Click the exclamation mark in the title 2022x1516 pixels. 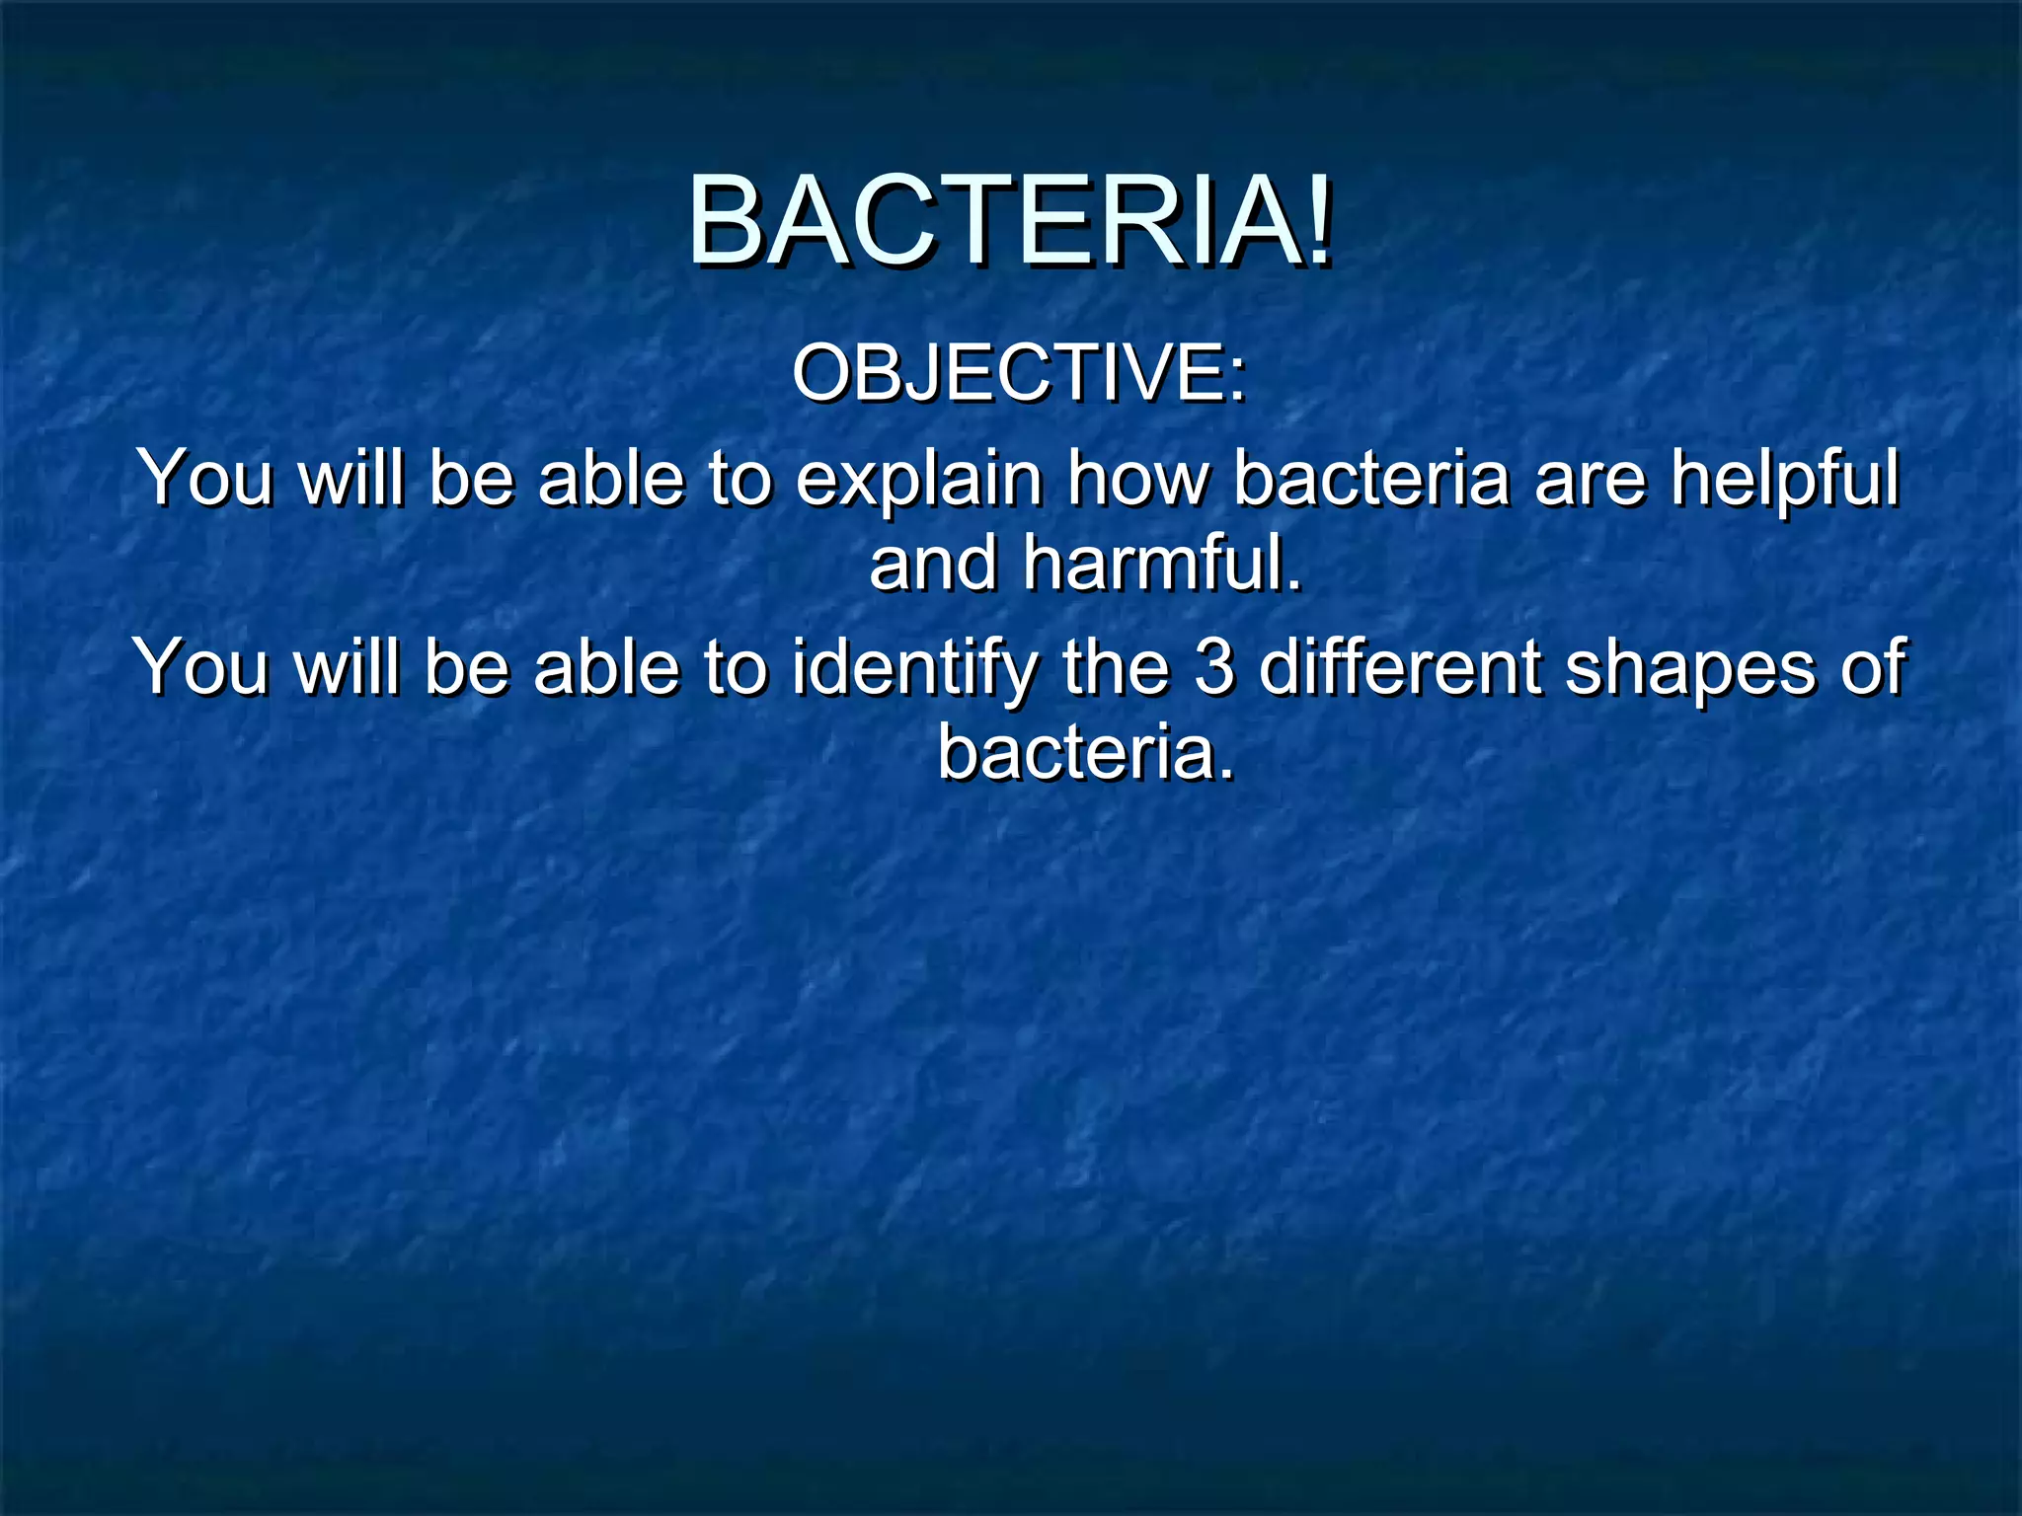[x=1320, y=221]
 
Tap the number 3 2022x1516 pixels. [x=1213, y=666]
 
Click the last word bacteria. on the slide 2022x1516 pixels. [x=1086, y=752]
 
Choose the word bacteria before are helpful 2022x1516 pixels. [x=1371, y=478]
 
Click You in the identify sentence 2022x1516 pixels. [x=201, y=666]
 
